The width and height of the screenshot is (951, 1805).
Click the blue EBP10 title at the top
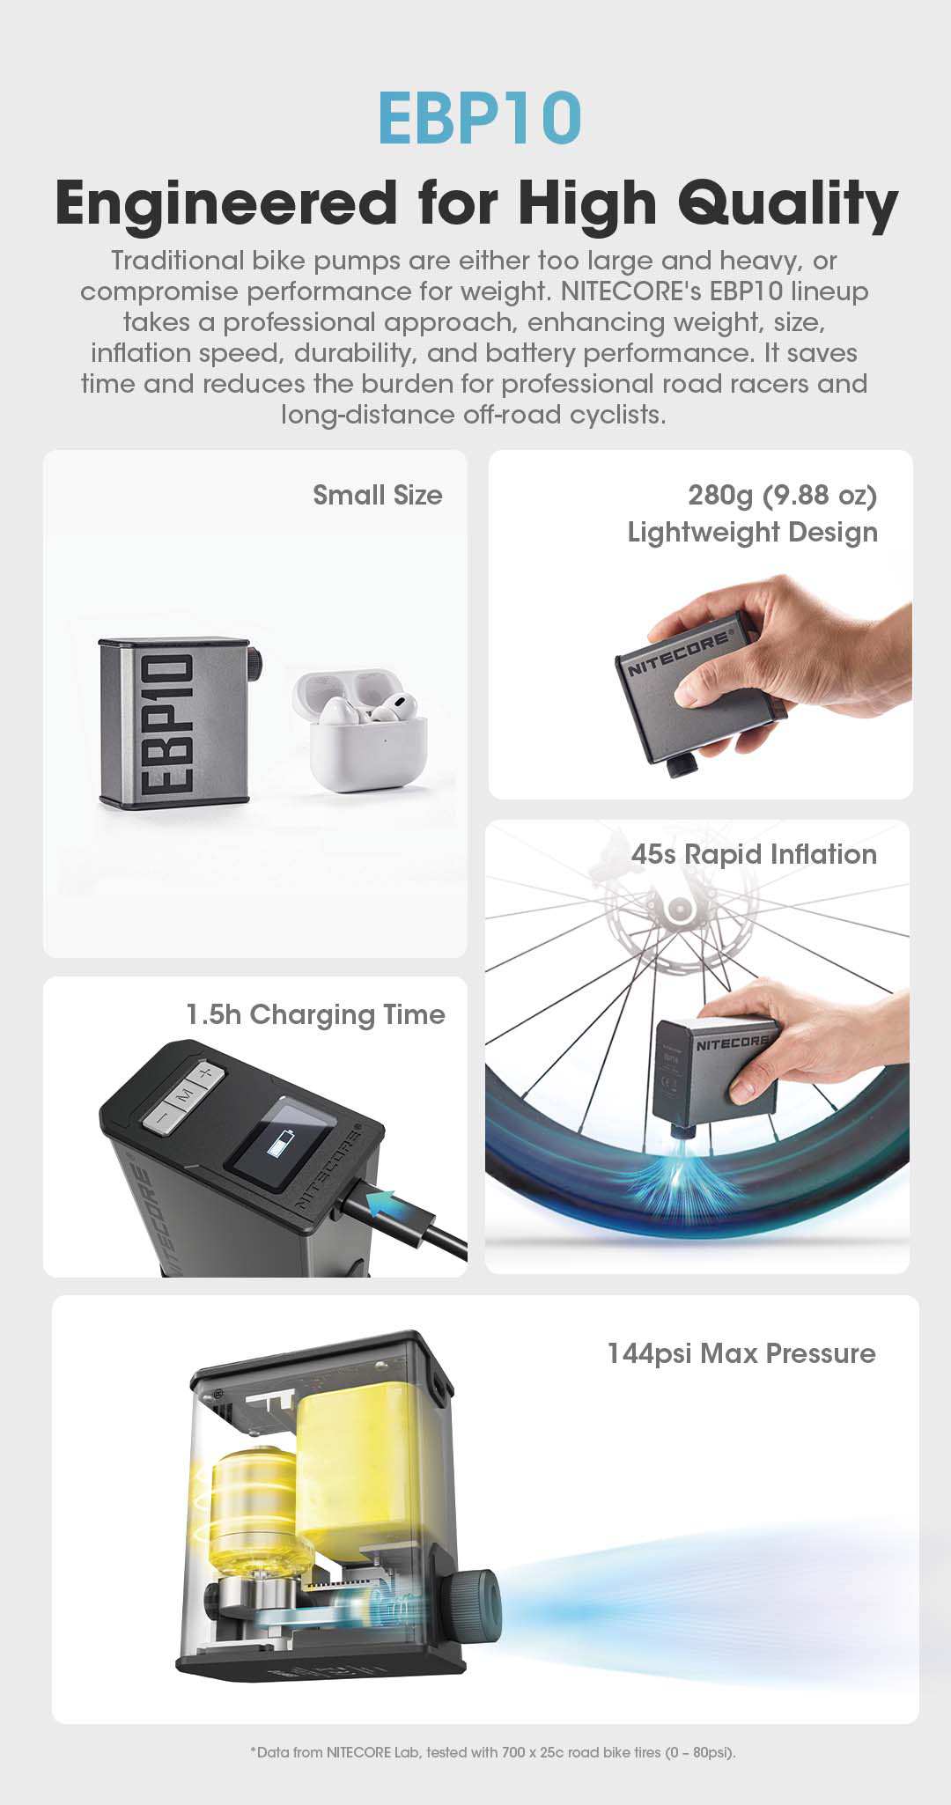click(480, 117)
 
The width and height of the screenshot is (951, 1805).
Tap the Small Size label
click(378, 495)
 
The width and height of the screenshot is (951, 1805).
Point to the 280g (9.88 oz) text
click(783, 495)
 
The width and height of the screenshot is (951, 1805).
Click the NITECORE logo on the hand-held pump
click(678, 653)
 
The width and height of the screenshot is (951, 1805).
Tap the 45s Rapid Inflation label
click(754, 854)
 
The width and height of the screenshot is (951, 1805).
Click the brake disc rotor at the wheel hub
click(679, 907)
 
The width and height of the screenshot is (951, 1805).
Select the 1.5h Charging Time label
click(315, 1014)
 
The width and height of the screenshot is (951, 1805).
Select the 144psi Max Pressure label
click(741, 1353)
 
